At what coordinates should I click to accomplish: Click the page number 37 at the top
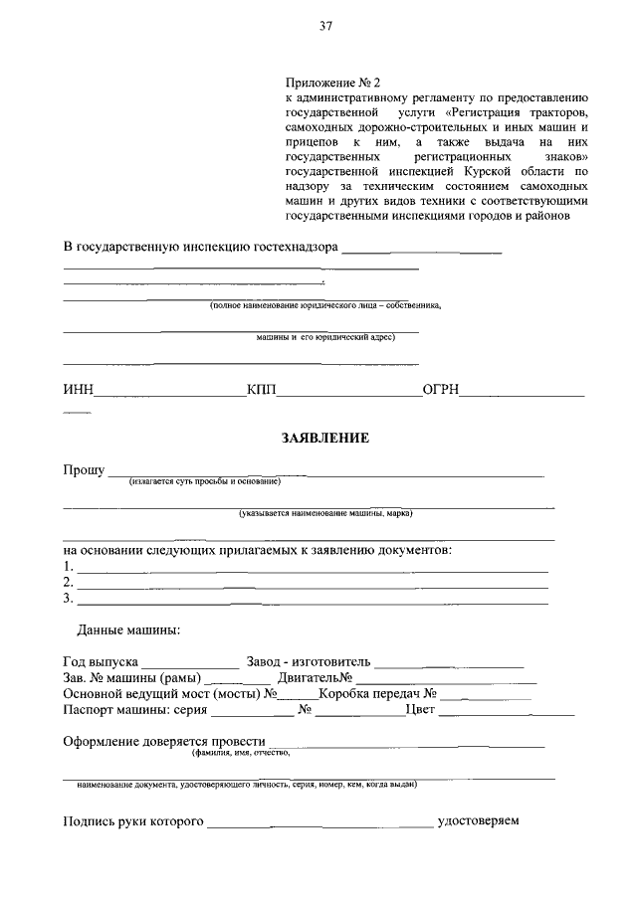pyautogui.click(x=324, y=27)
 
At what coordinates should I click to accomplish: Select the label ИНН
pyautogui.click(x=78, y=390)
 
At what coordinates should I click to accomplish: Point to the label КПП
pyautogui.click(x=262, y=390)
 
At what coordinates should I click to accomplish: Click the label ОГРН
pyautogui.click(x=440, y=390)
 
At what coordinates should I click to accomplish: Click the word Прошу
pyautogui.click(x=84, y=469)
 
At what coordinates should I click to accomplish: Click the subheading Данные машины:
pyautogui.click(x=128, y=630)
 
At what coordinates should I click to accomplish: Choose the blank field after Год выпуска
pyautogui.click(x=189, y=664)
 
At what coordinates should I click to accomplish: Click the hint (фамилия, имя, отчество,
pyautogui.click(x=241, y=754)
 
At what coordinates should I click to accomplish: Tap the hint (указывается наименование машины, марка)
pyautogui.click(x=324, y=514)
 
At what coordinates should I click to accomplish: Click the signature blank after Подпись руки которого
pyautogui.click(x=319, y=825)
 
